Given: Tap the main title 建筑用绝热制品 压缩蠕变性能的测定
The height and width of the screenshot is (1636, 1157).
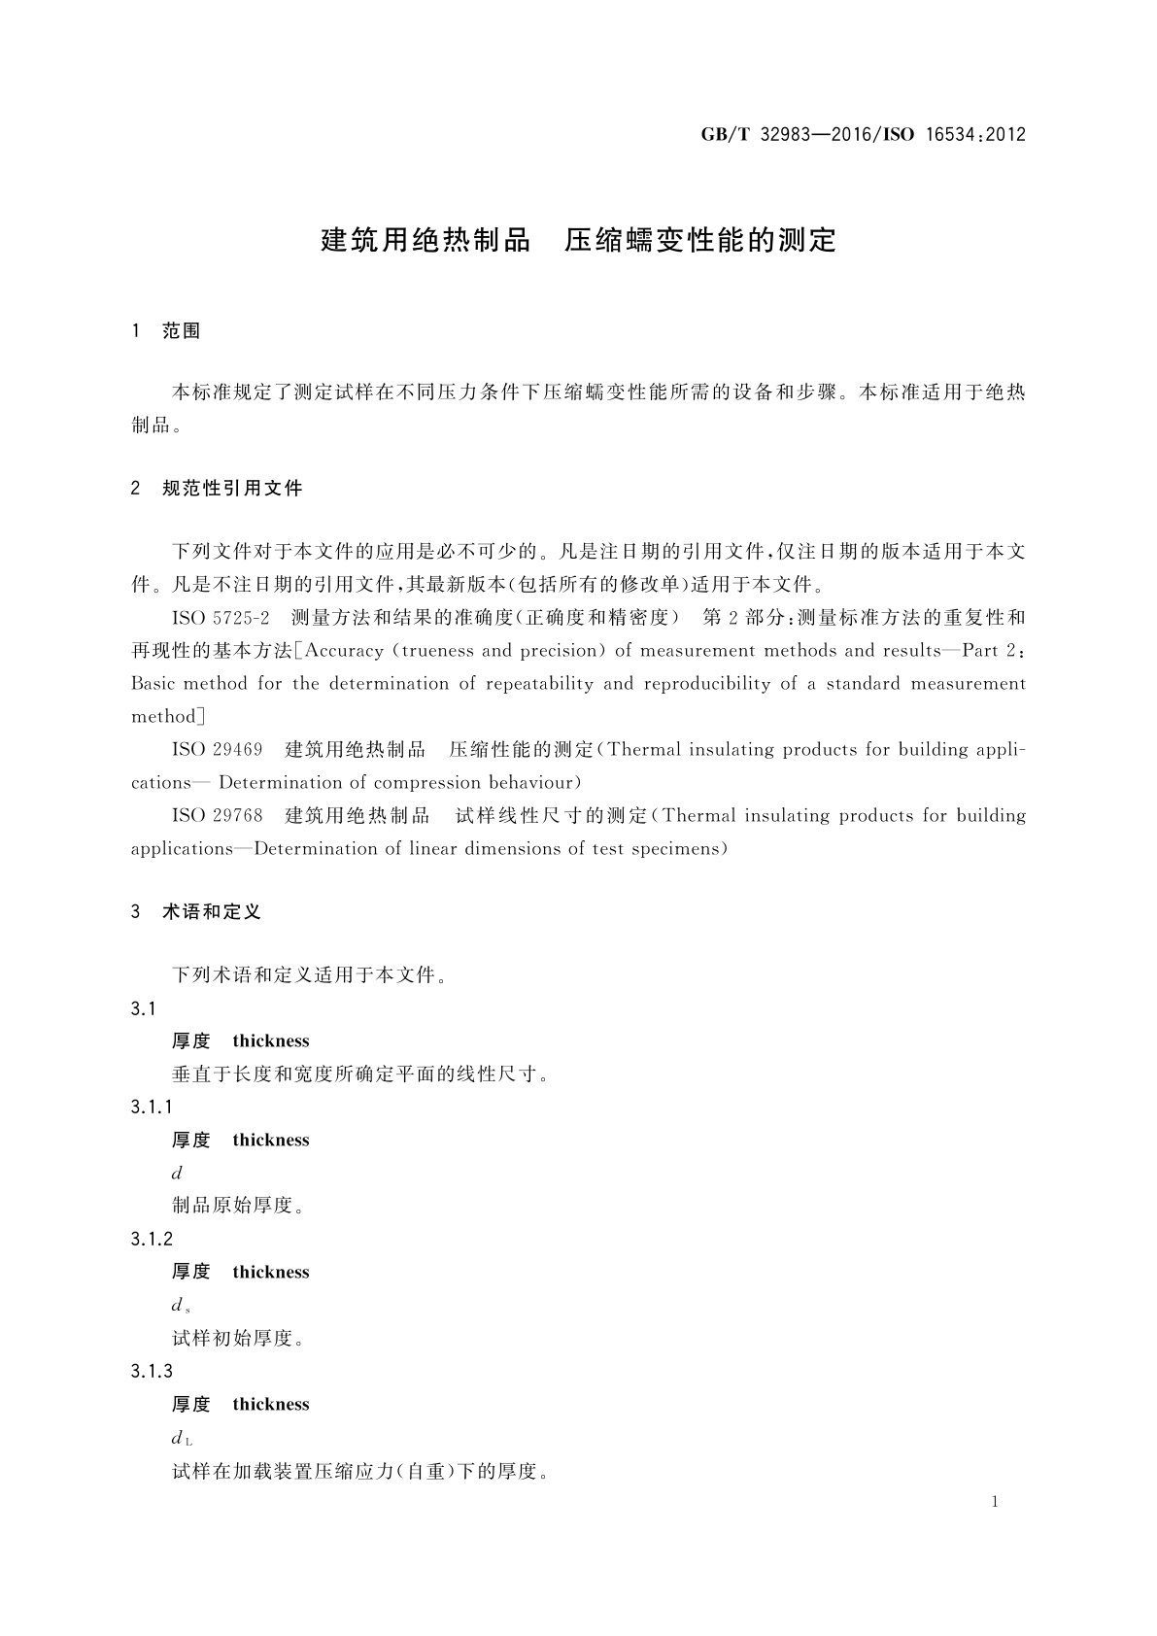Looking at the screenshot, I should [x=578, y=240].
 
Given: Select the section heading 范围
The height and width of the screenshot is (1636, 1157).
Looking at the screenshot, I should [x=181, y=331].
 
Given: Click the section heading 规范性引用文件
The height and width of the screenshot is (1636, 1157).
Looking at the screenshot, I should [x=232, y=489].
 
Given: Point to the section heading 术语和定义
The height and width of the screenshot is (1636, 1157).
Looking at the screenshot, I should [x=212, y=912].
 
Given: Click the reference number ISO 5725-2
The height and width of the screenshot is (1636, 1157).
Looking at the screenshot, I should [x=220, y=618].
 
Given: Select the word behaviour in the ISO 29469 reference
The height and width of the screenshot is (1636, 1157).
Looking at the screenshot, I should [x=531, y=783].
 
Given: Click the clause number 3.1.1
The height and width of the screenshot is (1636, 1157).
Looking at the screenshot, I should [x=151, y=1108].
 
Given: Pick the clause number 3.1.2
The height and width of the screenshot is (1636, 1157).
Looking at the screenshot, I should [x=151, y=1240].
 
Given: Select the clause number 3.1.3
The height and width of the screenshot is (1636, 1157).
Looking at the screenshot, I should [x=151, y=1372].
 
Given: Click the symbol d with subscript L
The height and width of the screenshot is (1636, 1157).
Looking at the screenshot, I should [x=182, y=1439].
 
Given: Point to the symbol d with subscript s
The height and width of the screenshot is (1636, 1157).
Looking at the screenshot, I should [x=181, y=1307].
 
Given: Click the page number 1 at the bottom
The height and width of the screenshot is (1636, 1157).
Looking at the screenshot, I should [x=995, y=1502].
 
